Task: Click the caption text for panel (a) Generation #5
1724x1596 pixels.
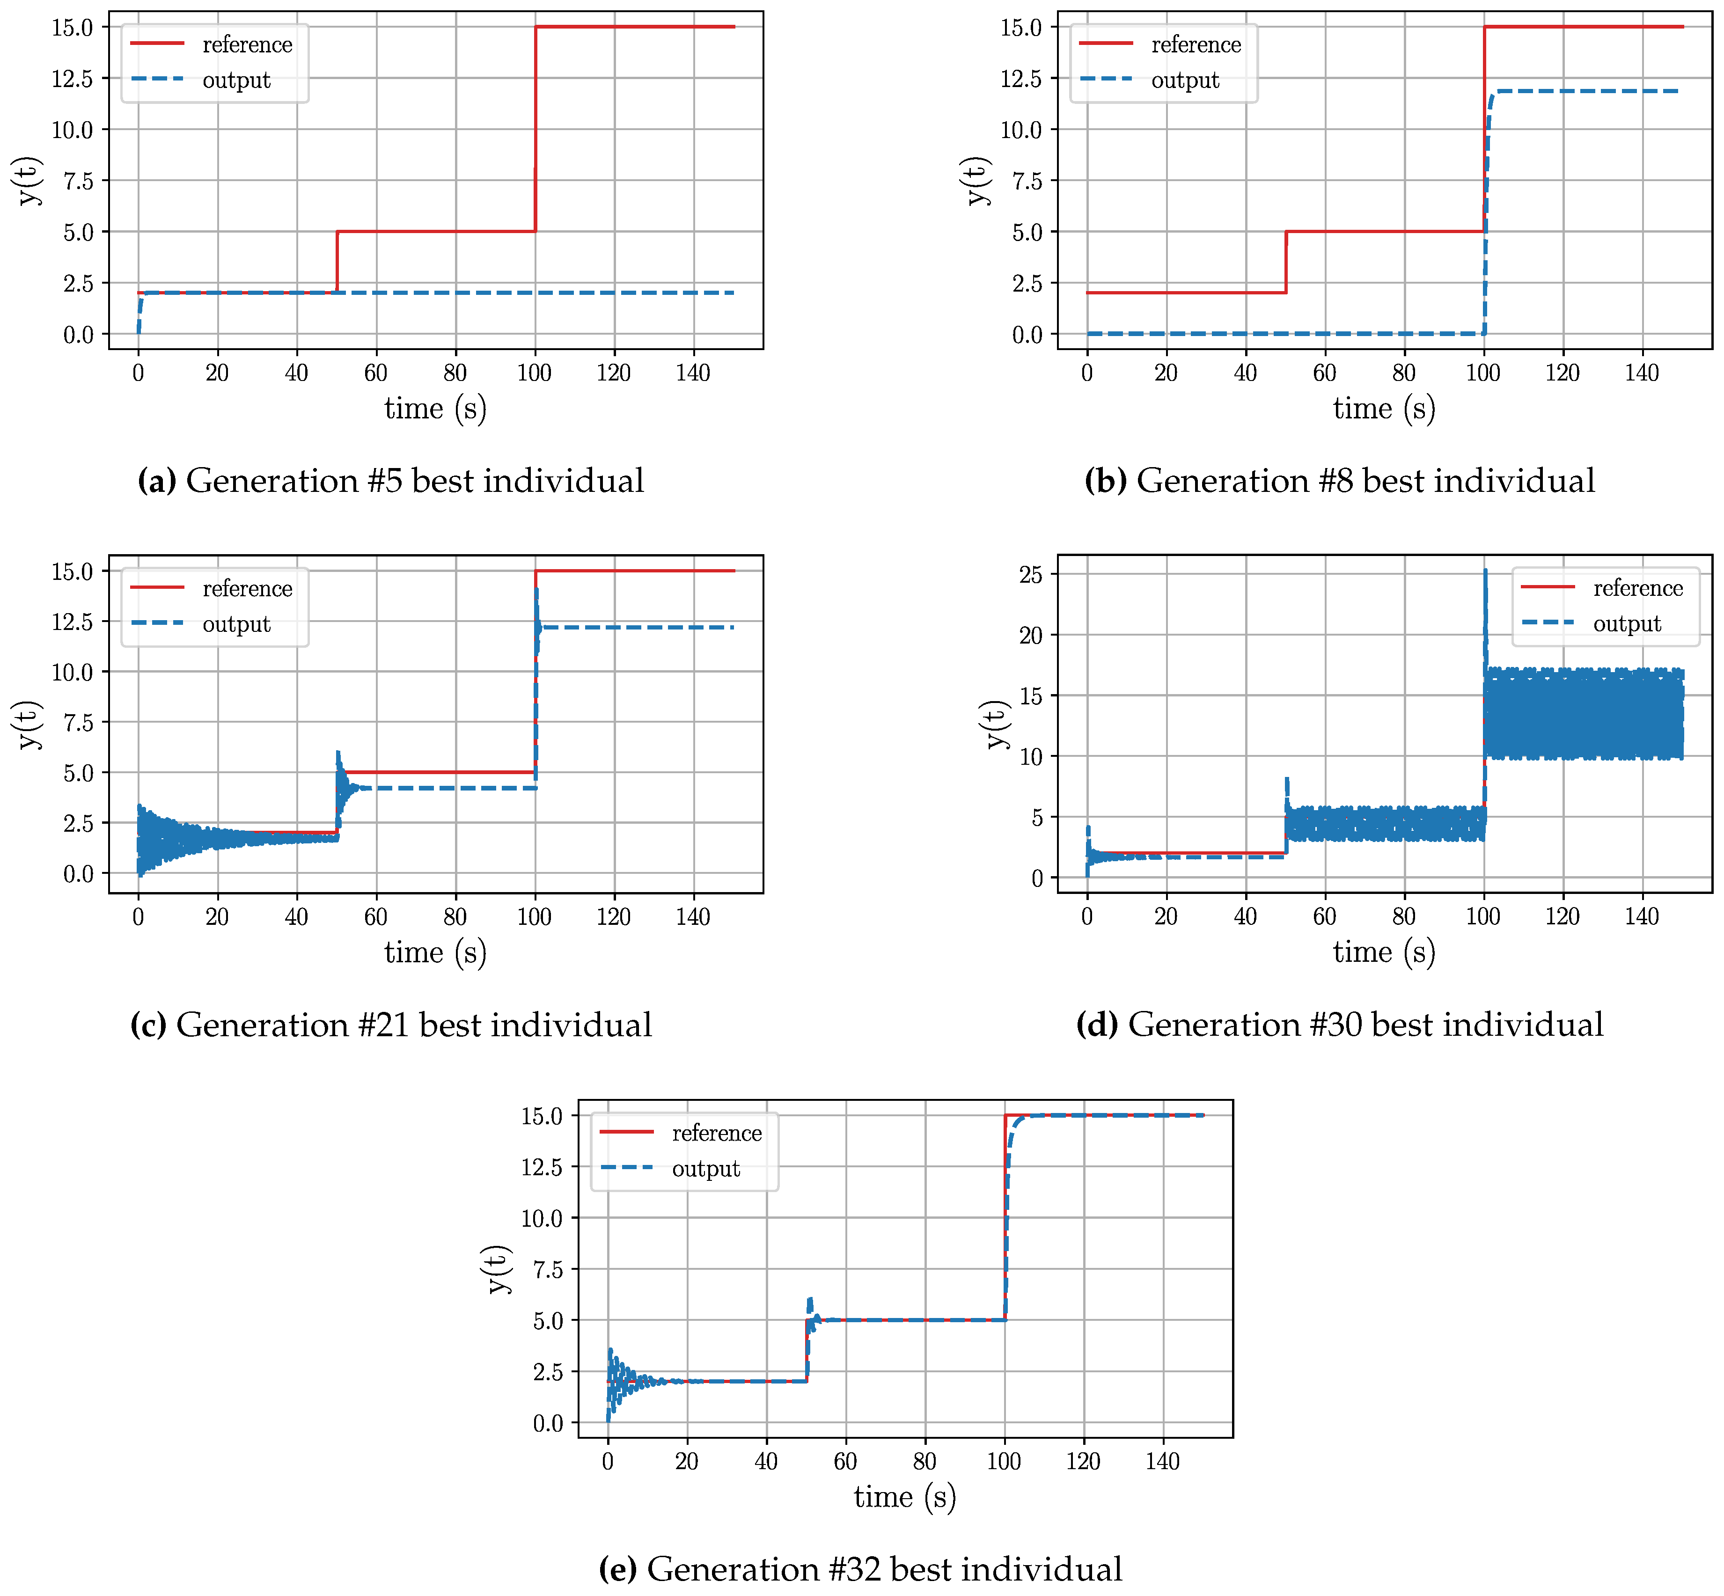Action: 390,480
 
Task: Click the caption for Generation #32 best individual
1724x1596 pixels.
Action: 860,1568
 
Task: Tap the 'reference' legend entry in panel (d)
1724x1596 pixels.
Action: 1637,588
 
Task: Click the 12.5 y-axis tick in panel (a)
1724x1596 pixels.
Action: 73,79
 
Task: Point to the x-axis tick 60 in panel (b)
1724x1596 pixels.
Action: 1324,373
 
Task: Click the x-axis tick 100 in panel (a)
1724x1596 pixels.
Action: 535,373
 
